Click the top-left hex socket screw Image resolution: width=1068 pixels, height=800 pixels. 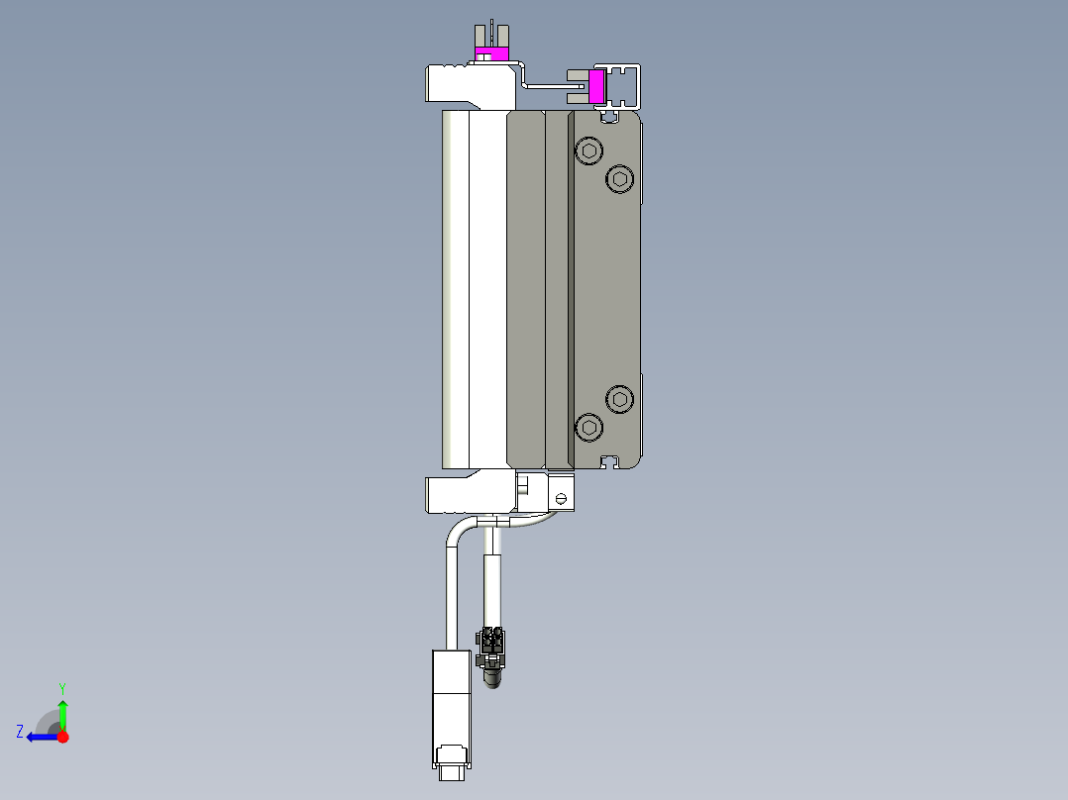pos(590,151)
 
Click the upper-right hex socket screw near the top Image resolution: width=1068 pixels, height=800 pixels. pos(620,178)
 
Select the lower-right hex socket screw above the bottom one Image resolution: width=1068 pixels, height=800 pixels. pos(620,399)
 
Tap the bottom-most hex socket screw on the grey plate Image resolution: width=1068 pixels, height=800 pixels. pos(589,428)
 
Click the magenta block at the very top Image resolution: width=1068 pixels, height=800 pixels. pos(490,52)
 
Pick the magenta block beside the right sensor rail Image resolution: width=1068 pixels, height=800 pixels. pos(596,86)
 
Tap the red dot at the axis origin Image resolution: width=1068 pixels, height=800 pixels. pos(62,736)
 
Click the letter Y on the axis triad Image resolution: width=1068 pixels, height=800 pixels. pos(62,687)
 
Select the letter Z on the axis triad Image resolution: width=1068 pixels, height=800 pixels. pos(20,731)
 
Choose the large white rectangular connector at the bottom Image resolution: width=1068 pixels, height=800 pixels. pos(451,705)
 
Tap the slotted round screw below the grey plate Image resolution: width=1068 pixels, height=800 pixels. pos(562,499)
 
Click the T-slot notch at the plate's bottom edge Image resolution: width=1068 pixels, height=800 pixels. pos(615,461)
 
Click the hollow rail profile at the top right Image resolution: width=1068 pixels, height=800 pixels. pos(624,86)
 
